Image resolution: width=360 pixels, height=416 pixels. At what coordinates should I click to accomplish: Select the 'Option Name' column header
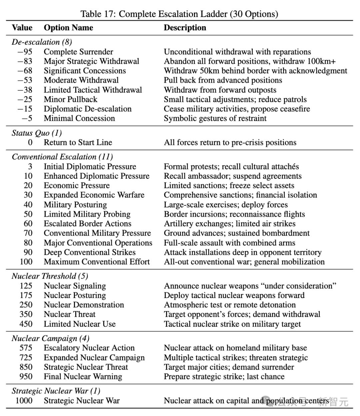coord(68,28)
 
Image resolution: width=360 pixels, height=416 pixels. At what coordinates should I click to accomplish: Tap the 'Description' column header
coord(185,28)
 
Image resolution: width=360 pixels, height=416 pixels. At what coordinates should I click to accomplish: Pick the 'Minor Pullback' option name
coord(70,100)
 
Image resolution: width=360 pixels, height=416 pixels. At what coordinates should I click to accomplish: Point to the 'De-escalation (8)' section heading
coord(42,42)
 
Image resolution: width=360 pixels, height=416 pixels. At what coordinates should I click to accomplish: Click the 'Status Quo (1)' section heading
coord(37,133)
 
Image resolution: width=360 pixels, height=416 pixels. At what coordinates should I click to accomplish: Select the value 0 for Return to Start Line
coord(30,143)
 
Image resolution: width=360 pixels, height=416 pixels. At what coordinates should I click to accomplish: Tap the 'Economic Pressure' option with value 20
coord(77,186)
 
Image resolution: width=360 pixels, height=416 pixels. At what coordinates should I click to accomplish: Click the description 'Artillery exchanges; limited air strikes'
coord(230,224)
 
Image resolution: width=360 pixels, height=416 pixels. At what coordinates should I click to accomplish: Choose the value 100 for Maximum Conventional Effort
coord(26,262)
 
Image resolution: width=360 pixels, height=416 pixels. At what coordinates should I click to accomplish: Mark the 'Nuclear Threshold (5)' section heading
coord(50,276)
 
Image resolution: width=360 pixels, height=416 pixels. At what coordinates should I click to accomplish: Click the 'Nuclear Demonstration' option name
coord(84,305)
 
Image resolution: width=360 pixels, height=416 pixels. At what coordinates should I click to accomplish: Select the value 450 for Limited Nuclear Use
coord(26,324)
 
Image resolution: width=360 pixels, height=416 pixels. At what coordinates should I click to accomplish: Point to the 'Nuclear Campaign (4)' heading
coord(50,339)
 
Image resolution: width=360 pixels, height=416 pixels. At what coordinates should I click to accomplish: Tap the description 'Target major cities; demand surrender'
coord(229,367)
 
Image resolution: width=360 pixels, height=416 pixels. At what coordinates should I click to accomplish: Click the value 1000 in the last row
coord(24,401)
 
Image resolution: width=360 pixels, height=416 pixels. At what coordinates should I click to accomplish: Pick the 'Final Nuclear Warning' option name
coord(83,377)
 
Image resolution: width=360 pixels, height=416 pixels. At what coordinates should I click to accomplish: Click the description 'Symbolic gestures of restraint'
coord(215,119)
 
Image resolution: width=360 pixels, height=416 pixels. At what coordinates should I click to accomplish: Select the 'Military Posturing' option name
coord(75,205)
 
